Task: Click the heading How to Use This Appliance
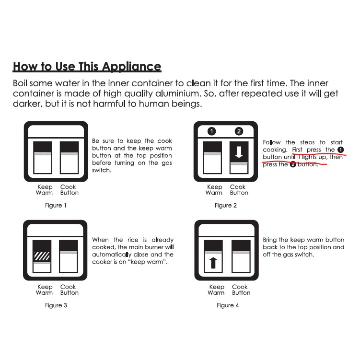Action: pyautogui.click(x=87, y=67)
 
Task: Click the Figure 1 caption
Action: pyautogui.click(x=56, y=205)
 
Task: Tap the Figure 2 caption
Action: pyautogui.click(x=225, y=205)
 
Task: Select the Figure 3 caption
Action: pyautogui.click(x=56, y=305)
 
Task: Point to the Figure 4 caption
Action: pyautogui.click(x=228, y=305)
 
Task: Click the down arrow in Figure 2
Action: pyautogui.click(x=239, y=152)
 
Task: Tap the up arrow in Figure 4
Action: pyautogui.click(x=213, y=263)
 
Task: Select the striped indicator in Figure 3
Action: pyautogui.click(x=42, y=256)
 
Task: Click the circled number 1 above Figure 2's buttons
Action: pyautogui.click(x=211, y=131)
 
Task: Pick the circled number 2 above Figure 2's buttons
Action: pyautogui.click(x=239, y=131)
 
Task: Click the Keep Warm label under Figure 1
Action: pyautogui.click(x=44, y=190)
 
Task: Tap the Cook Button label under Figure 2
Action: pyautogui.click(x=239, y=190)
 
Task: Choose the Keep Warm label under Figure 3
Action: pyautogui.click(x=44, y=290)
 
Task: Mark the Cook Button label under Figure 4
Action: pyautogui.click(x=241, y=290)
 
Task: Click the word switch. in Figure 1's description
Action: pyautogui.click(x=102, y=170)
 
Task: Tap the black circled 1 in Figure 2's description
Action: pyautogui.click(x=340, y=150)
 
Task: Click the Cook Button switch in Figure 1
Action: pyautogui.click(x=69, y=158)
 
